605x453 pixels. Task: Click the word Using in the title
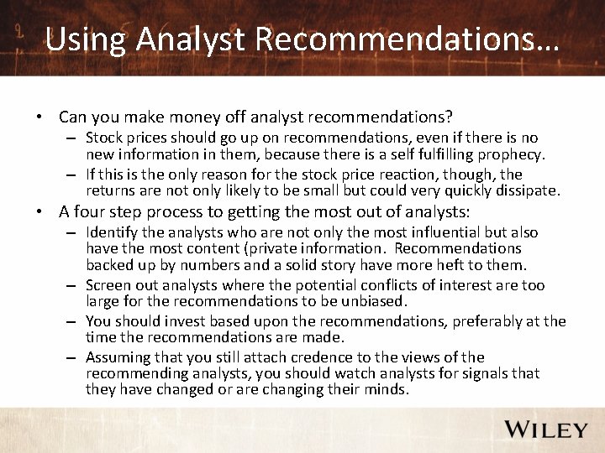click(82, 39)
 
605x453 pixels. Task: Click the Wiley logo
click(545, 430)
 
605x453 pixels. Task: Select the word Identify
click(113, 232)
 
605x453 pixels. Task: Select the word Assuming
click(118, 357)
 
